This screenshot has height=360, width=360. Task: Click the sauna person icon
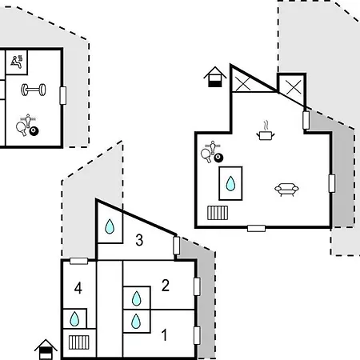coord(17,62)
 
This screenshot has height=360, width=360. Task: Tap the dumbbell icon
coord(34,90)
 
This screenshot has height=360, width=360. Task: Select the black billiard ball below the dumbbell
coord(34,131)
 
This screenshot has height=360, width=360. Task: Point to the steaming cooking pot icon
coord(266,131)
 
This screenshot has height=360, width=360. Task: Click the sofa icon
coord(286,189)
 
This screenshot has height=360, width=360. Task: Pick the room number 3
coord(139,240)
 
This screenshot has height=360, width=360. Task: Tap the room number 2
coord(166,286)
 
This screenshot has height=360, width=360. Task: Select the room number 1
coord(165,335)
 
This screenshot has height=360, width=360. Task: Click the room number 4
coord(78,288)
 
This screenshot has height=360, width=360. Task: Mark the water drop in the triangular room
coord(110,226)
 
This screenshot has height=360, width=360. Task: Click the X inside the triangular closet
coord(243,83)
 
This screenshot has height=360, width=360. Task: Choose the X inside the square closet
coord(294,86)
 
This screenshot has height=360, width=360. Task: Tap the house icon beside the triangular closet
coord(215,77)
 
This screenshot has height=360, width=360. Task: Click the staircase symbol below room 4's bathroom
coord(78,342)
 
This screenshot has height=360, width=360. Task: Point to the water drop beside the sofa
coord(230,183)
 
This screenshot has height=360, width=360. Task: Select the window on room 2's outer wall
coord(197,286)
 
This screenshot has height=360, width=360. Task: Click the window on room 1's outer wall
coord(197,335)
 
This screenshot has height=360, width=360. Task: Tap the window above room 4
coord(79,261)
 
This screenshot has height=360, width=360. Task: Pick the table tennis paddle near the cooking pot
coord(206,155)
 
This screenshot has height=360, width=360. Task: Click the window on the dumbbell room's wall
coord(63,95)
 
